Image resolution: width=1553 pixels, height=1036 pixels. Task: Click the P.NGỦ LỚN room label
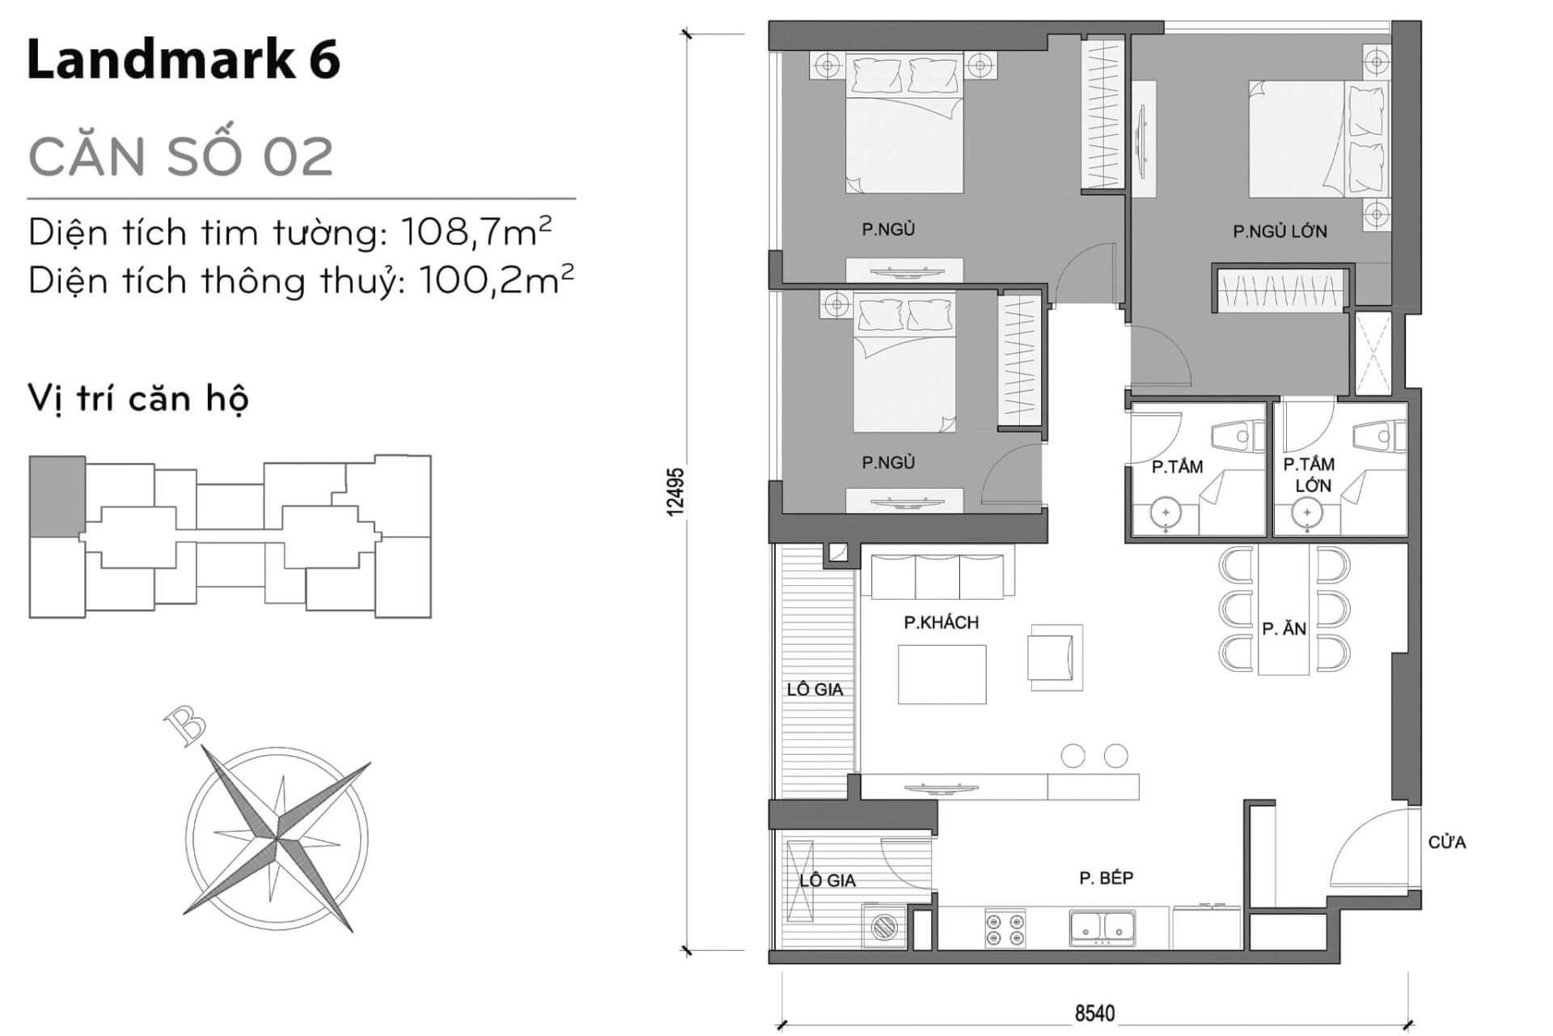coord(1280,231)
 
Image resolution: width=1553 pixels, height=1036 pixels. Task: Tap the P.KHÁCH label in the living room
coord(942,622)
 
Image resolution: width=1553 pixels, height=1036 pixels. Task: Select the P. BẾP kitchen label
coord(1106,878)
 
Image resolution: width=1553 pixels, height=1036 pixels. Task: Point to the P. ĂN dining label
coord(1284,628)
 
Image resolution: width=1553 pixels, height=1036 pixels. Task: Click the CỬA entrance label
coord(1447,843)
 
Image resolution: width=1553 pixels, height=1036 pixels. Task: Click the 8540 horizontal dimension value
coord(1094,1013)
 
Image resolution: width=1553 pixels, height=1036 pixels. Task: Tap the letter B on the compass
coord(184,725)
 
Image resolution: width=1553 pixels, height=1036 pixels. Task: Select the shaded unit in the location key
coord(57,495)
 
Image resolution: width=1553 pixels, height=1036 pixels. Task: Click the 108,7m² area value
coord(476,232)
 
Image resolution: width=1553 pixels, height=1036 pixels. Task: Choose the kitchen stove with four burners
coord(1005,928)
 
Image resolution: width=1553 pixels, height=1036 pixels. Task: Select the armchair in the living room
coord(1055,656)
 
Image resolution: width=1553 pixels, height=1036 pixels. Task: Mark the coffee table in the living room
coord(942,674)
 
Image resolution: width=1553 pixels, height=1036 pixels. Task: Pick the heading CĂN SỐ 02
coord(181,157)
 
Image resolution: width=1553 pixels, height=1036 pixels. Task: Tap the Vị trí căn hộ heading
coord(138,399)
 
